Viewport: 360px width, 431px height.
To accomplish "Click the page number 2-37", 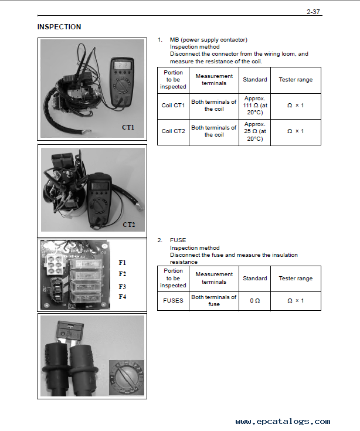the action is [x=313, y=12].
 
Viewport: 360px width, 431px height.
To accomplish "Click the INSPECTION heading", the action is [x=59, y=27].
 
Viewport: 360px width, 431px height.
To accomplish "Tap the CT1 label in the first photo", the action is [x=128, y=127].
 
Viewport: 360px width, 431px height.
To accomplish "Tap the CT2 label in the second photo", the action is [x=129, y=225].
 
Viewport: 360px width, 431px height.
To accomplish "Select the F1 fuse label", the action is [x=123, y=263].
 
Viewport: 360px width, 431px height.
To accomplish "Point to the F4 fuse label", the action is [x=123, y=297].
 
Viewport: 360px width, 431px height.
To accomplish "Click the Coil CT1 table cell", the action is [x=173, y=106].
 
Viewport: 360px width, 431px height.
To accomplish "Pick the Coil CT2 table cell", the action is [x=173, y=131].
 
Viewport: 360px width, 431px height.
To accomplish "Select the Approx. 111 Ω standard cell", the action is [x=254, y=106].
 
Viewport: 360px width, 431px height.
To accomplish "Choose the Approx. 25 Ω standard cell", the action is [x=254, y=131].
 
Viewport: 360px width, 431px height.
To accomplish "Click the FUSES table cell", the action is [x=173, y=301].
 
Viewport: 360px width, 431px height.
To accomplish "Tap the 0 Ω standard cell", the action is [x=254, y=301].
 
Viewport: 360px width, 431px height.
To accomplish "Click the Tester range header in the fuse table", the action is [x=296, y=279].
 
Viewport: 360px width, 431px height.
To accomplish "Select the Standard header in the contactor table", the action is [x=254, y=80].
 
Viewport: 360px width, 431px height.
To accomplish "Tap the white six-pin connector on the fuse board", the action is [x=54, y=264].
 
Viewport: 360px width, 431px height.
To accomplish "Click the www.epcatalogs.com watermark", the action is [x=283, y=422].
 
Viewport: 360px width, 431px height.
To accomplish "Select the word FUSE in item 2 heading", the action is [x=178, y=240].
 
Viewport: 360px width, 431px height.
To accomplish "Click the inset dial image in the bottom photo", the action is [x=127, y=378].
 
